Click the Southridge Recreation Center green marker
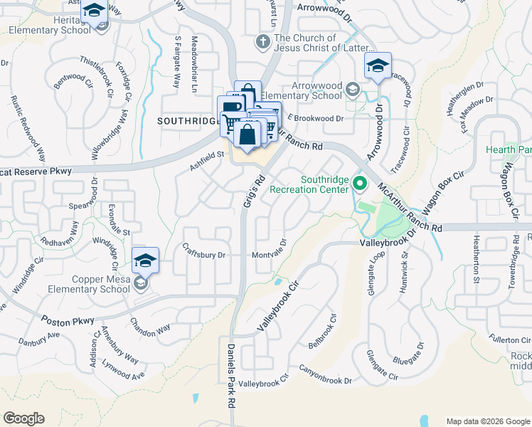click(360, 184)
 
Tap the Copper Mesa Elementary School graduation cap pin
click(145, 260)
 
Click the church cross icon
click(263, 41)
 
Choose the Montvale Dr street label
click(269, 251)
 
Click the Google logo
click(24, 418)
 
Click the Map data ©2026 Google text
click(487, 421)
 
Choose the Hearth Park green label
click(509, 150)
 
